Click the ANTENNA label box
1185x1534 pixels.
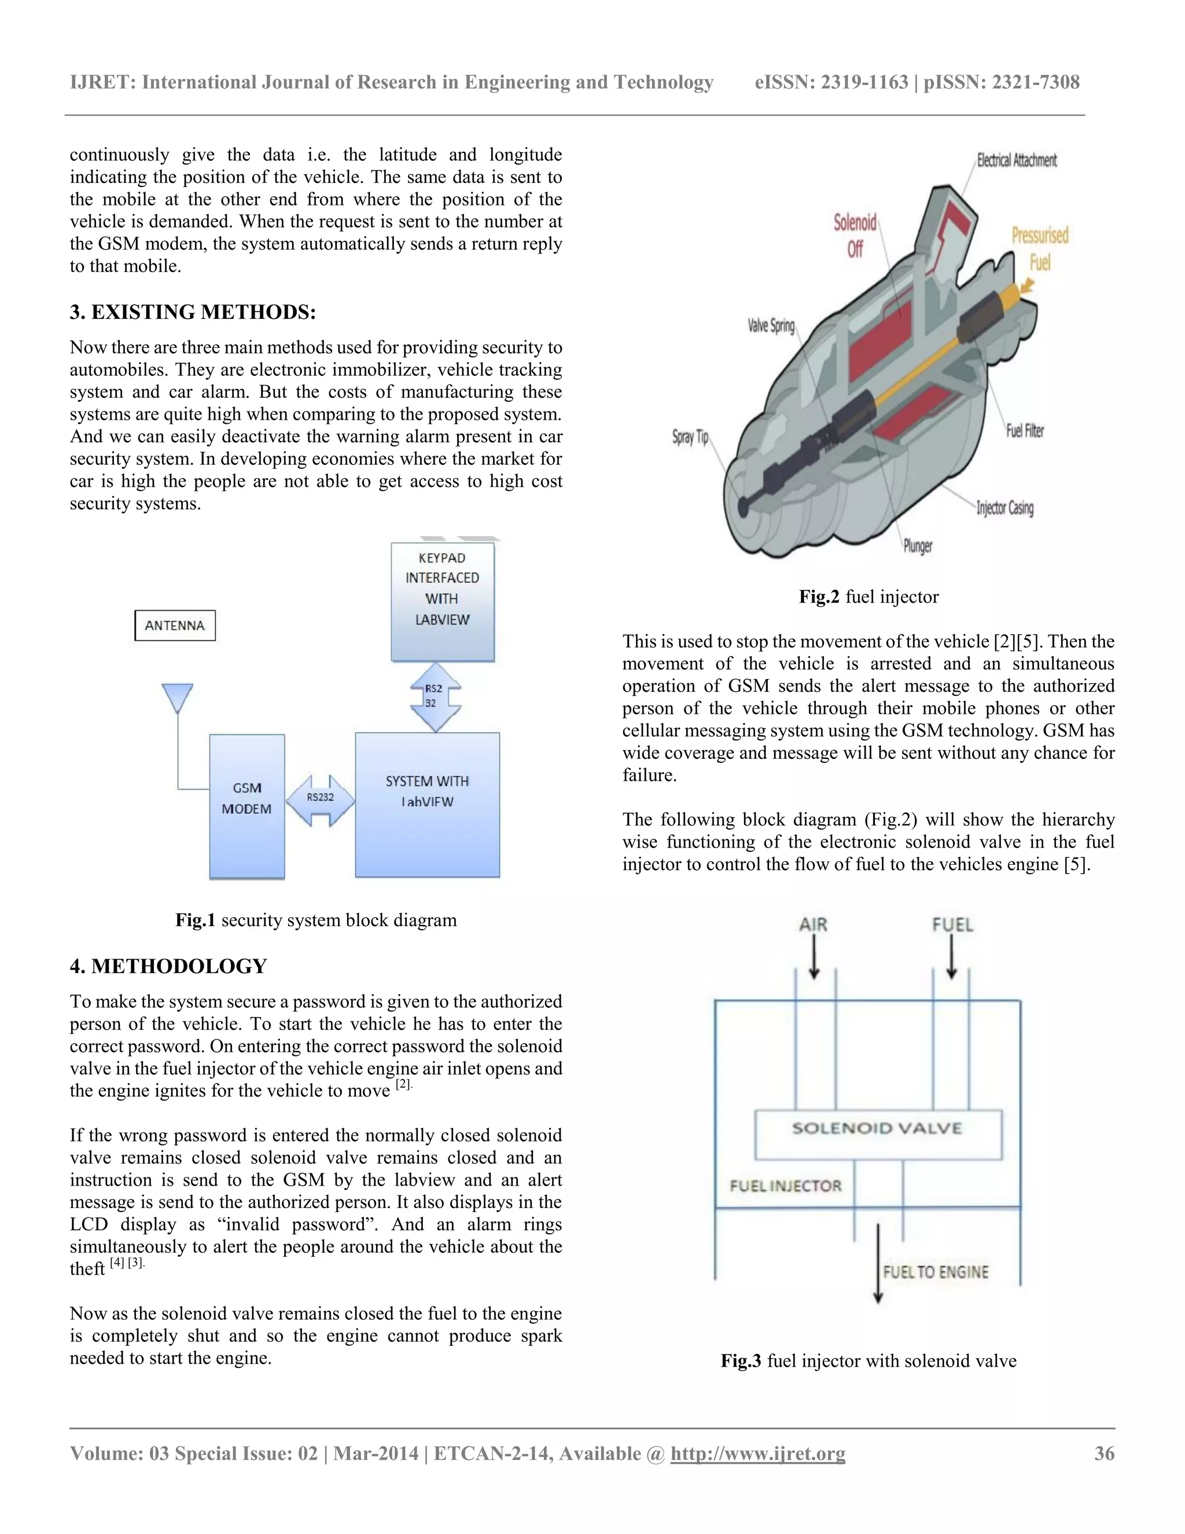175,625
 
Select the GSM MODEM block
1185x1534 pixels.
247,806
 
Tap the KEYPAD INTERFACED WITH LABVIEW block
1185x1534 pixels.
442,602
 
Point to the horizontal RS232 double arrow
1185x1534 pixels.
320,800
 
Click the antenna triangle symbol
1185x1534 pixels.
177,698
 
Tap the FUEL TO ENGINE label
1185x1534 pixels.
935,1272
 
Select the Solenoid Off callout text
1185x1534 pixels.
855,236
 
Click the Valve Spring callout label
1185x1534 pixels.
771,326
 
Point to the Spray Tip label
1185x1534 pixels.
690,437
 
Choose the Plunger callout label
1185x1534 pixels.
918,546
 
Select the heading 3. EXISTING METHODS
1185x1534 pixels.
193,312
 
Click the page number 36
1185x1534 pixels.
1104,1453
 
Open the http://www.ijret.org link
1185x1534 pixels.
757,1453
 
